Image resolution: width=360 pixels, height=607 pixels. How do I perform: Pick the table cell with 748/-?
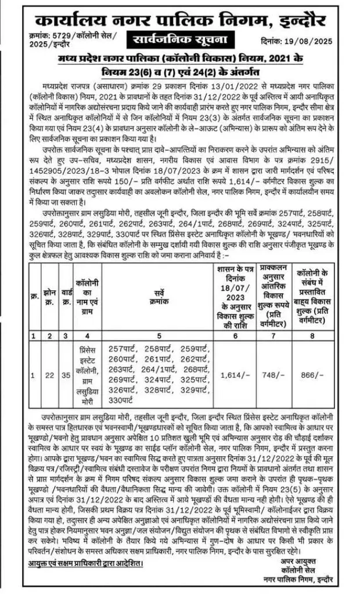pos(273,376)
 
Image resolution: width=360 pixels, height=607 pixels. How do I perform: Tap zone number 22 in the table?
pos(51,376)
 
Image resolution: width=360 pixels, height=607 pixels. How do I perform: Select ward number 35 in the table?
pos(67,376)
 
